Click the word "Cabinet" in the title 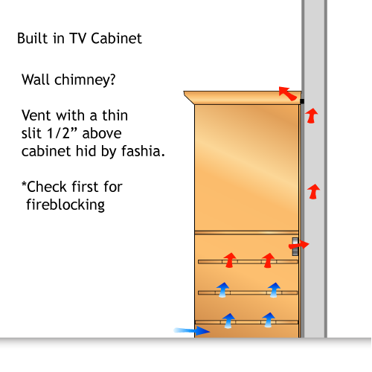point(116,39)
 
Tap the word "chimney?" point(85,80)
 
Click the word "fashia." point(143,151)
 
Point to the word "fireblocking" point(65,205)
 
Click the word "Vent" point(37,115)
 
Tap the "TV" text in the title point(78,39)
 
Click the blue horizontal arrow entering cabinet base point(191,331)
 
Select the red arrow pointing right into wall point(298,245)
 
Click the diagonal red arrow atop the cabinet point(288,93)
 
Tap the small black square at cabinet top point(302,101)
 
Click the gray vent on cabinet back point(295,246)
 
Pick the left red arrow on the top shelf point(230,260)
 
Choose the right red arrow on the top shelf point(269,260)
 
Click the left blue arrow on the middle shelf point(222,290)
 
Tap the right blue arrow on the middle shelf point(274,290)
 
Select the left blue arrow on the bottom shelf point(228,321)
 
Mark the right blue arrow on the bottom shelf point(269,320)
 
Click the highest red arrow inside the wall point(311,115)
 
